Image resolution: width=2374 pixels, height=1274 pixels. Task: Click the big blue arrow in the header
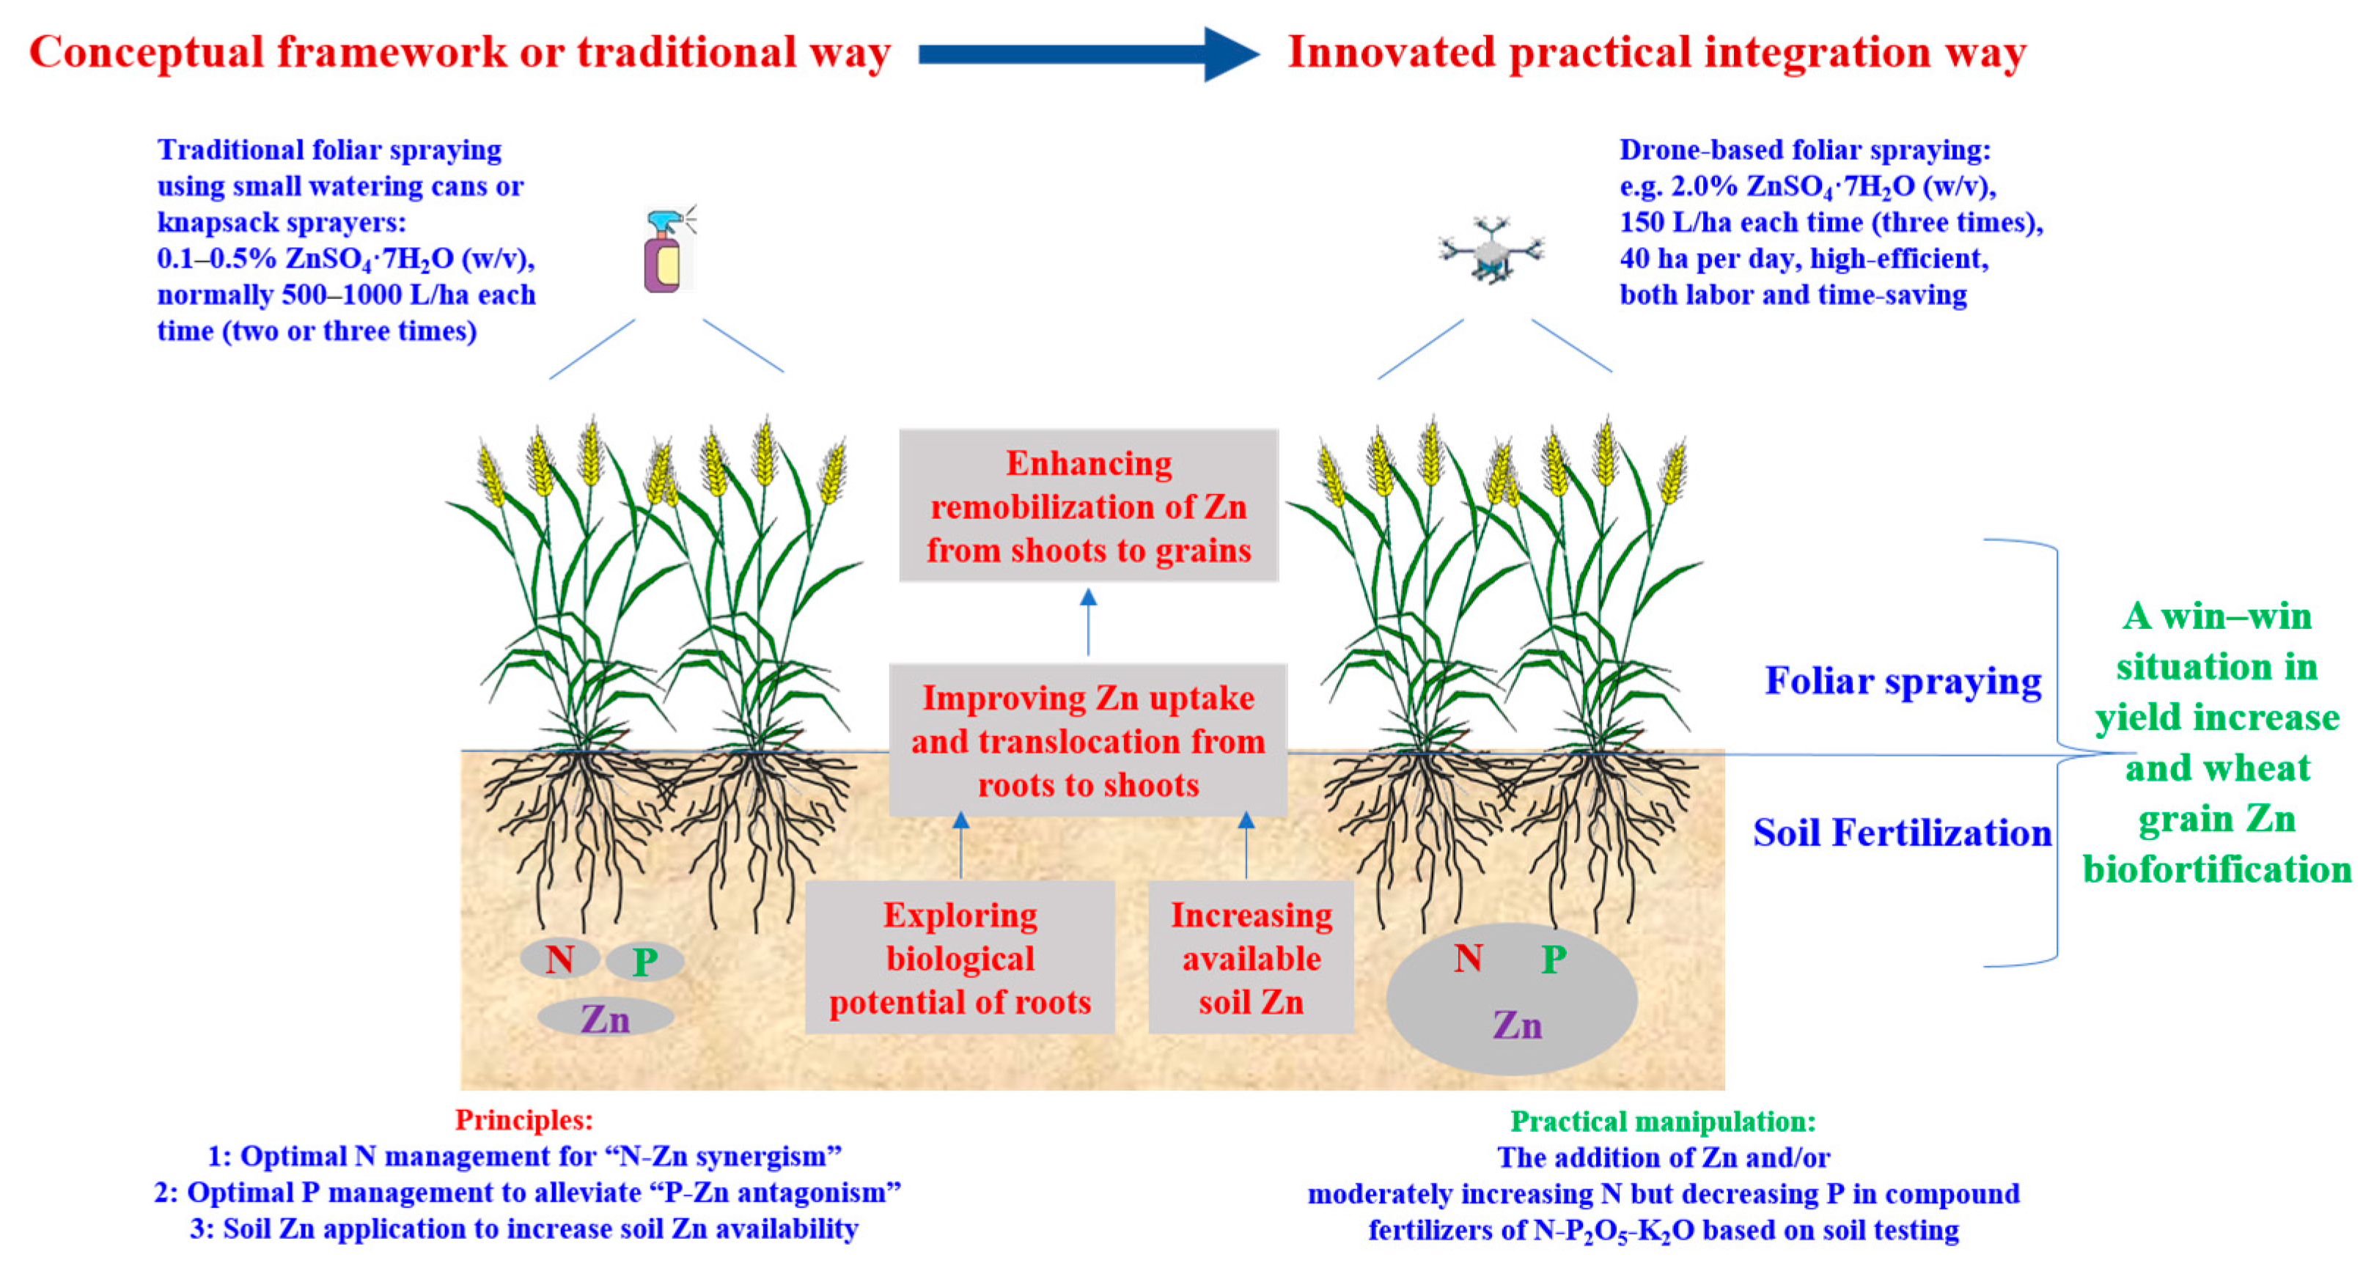(x=1087, y=54)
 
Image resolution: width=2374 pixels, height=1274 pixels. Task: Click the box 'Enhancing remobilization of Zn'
(x=1089, y=506)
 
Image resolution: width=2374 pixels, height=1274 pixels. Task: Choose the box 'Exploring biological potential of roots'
(x=960, y=958)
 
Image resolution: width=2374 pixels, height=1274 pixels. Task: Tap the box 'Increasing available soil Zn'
(x=1251, y=958)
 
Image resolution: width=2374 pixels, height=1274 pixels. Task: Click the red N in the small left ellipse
(x=559, y=960)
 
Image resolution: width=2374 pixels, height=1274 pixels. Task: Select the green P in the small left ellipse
(x=644, y=962)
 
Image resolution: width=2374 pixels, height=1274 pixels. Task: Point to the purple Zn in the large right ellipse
(x=1516, y=1024)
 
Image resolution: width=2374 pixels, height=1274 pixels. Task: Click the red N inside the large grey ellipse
(x=1468, y=959)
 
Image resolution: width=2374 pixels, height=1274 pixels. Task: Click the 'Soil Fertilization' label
(x=1901, y=833)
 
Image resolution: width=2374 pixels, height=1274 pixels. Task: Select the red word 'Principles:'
(x=523, y=1120)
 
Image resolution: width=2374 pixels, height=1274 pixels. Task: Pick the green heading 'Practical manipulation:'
(x=1663, y=1121)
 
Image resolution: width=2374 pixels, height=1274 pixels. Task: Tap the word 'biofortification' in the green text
(x=2216, y=869)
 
